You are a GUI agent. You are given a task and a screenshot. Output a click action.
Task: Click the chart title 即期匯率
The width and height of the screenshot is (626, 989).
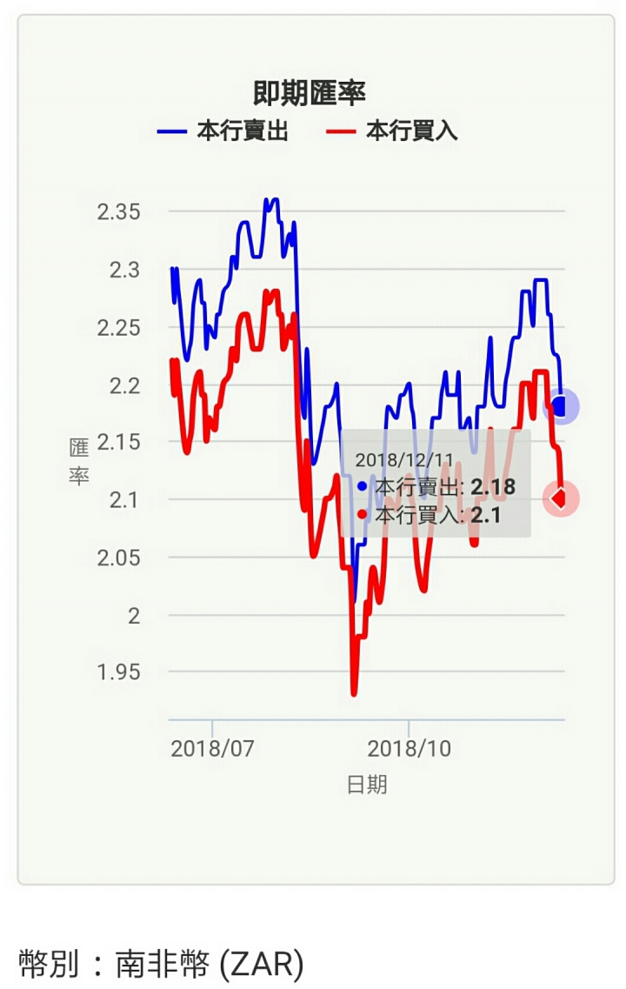tap(309, 92)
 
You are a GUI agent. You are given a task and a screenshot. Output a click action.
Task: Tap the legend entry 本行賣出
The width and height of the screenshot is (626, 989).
tap(223, 132)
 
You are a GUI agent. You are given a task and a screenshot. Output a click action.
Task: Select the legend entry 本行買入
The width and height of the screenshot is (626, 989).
tap(391, 132)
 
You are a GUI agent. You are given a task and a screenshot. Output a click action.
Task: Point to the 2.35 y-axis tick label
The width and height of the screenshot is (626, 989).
tap(118, 211)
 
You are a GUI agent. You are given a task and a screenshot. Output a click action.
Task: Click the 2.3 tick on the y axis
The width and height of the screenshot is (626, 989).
tap(124, 270)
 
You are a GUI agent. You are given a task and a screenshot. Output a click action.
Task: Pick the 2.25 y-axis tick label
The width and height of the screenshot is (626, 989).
tap(118, 327)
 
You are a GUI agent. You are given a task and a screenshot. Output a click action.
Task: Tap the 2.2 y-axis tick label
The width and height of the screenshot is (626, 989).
tap(124, 384)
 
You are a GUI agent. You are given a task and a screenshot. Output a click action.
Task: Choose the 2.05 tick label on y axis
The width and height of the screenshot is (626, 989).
tap(118, 558)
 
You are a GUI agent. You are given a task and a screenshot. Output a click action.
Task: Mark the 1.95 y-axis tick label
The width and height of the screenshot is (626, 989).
tap(118, 672)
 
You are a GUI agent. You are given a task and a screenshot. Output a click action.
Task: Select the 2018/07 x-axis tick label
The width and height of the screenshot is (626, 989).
tap(212, 749)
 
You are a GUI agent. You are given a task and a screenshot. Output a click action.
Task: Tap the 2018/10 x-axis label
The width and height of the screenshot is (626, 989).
tap(409, 749)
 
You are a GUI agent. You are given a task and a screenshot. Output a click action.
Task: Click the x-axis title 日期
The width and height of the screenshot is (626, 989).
tap(367, 785)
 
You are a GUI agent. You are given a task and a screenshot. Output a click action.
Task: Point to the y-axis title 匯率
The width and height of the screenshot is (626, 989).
tap(79, 462)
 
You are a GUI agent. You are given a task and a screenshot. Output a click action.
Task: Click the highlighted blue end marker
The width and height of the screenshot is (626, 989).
tap(561, 406)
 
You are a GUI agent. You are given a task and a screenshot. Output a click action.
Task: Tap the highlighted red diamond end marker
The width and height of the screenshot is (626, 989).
tap(561, 498)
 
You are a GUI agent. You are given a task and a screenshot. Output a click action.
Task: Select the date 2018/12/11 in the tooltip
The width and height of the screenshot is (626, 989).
tap(404, 459)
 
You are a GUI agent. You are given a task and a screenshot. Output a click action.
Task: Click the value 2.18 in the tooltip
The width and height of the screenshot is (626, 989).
tap(493, 487)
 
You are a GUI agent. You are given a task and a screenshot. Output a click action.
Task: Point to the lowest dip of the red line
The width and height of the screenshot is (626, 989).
tap(354, 693)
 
